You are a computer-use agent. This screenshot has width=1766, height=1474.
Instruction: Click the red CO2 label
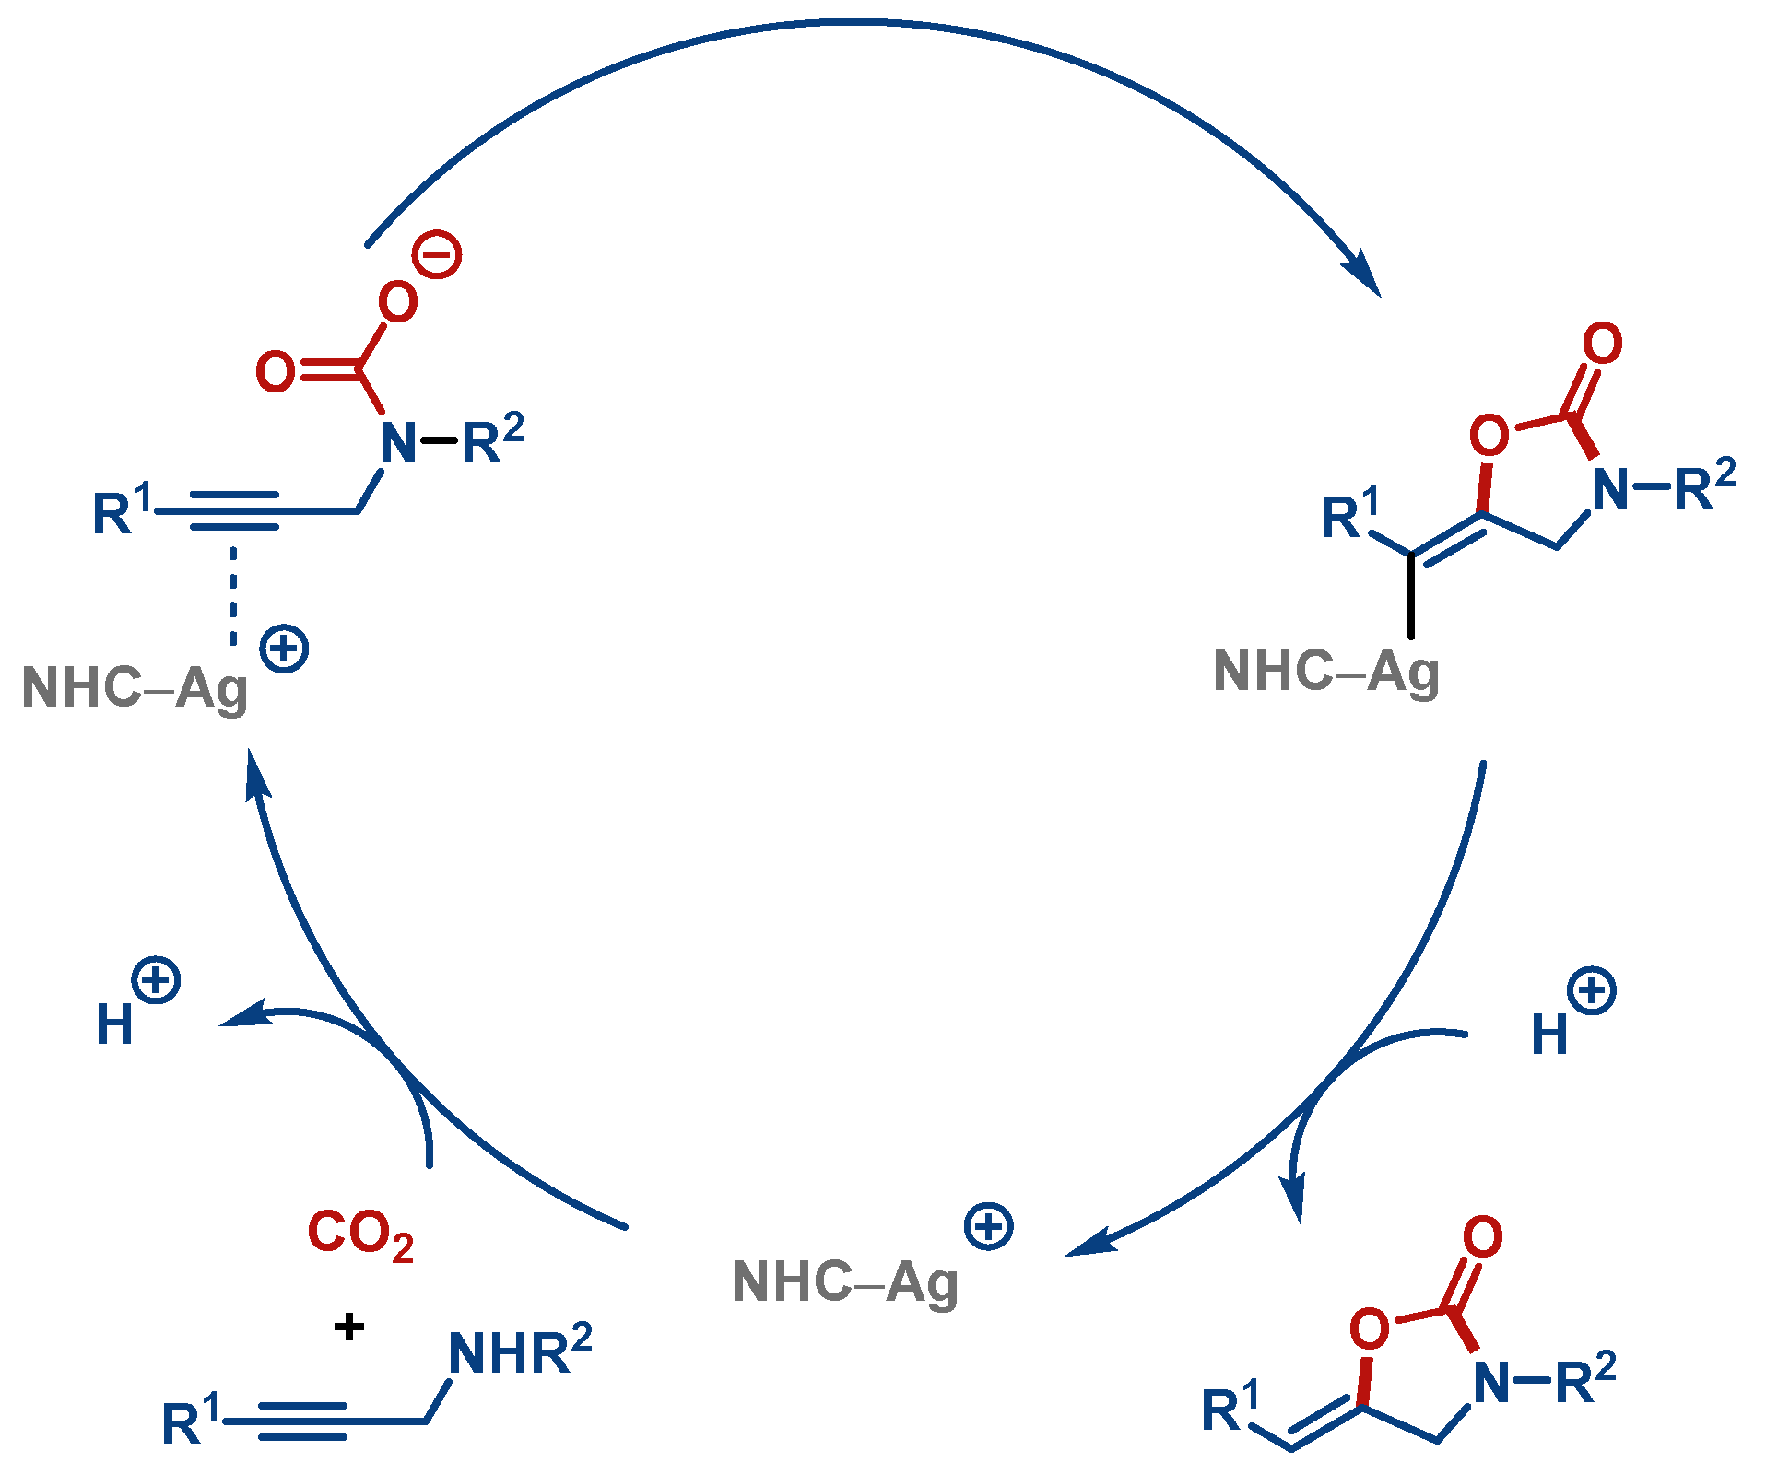[360, 1234]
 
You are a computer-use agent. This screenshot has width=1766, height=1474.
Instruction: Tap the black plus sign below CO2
[348, 1327]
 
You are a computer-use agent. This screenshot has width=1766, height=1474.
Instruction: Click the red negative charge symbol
[437, 254]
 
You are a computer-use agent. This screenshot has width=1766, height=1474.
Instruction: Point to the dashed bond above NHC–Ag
[233, 595]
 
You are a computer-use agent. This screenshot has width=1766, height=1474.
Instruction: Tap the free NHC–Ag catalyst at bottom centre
[844, 1281]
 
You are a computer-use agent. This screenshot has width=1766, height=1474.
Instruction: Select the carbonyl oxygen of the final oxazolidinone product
[1483, 1237]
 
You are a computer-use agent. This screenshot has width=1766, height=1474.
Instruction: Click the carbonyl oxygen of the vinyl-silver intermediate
[1603, 344]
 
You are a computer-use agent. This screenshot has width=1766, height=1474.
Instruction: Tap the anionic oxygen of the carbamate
[398, 301]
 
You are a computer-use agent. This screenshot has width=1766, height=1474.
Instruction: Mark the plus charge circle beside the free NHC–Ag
[988, 1226]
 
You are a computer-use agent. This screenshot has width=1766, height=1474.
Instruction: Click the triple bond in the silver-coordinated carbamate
[234, 510]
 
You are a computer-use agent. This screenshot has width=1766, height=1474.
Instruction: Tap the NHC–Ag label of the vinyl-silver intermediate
[1325, 672]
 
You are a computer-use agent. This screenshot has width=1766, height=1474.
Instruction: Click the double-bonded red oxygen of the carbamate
[276, 371]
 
